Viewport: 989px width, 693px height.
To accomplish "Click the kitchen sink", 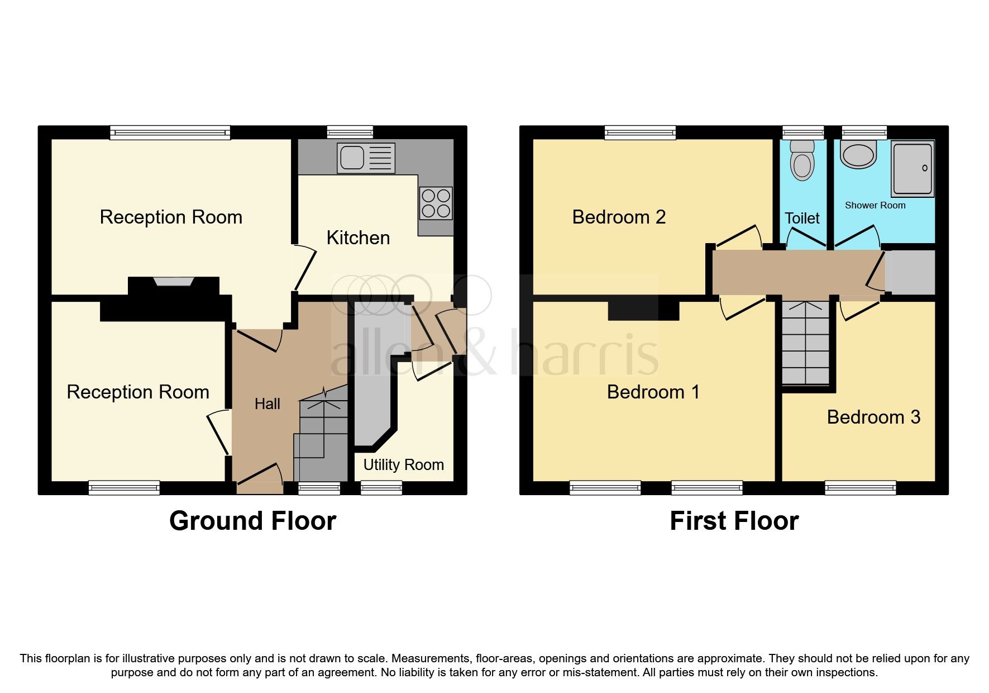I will point(366,158).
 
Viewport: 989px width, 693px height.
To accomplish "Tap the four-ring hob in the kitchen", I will point(436,203).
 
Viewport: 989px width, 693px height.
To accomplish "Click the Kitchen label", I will point(358,238).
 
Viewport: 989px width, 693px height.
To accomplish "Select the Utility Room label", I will point(403,465).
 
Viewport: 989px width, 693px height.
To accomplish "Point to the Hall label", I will point(267,404).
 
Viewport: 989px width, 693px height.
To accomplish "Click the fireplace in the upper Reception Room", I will point(174,283).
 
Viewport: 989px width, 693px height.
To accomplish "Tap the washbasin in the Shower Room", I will point(858,154).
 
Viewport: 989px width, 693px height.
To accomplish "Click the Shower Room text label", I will point(875,206).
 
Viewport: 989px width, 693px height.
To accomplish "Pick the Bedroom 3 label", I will point(873,417).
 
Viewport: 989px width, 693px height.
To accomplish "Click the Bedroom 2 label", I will point(619,217).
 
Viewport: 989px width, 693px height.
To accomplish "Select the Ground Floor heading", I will point(252,521).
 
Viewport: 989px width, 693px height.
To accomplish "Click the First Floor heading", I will point(734,521).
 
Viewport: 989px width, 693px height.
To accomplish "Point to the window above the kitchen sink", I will point(350,132).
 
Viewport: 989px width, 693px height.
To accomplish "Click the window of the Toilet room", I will point(803,133).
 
